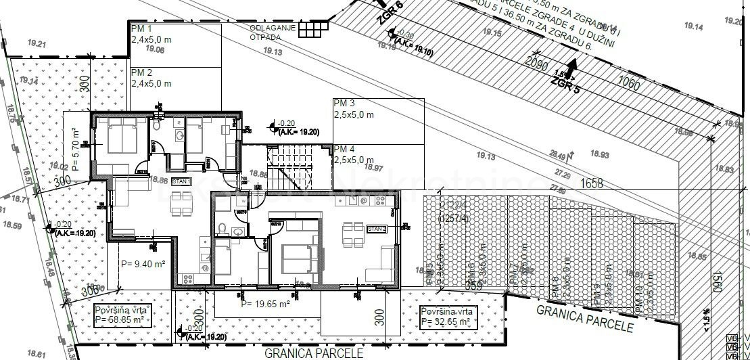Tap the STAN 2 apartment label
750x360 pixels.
pos(376,229)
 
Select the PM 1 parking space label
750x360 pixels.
pos(141,30)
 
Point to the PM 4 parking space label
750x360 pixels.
pos(344,149)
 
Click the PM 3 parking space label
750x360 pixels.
pos(344,103)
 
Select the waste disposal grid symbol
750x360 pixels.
pos(312,29)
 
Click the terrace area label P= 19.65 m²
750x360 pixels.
pos(265,304)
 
